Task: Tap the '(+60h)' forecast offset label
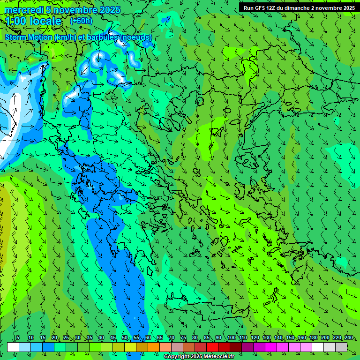[81, 21]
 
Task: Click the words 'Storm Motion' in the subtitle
[29, 37]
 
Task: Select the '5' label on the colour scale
[18, 337]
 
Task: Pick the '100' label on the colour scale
[232, 337]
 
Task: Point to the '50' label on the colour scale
[125, 337]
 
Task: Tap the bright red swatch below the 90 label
[212, 347]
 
